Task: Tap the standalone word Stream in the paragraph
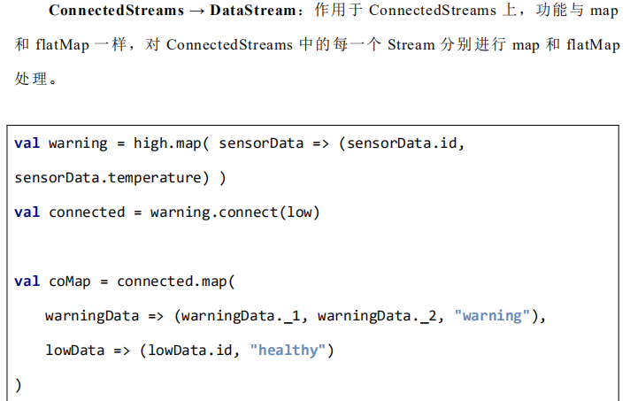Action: (411, 44)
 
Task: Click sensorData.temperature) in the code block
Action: (111, 178)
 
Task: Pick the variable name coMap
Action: (70, 281)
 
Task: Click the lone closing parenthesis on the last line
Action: (19, 385)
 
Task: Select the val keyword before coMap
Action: (27, 281)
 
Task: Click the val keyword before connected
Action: (27, 212)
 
